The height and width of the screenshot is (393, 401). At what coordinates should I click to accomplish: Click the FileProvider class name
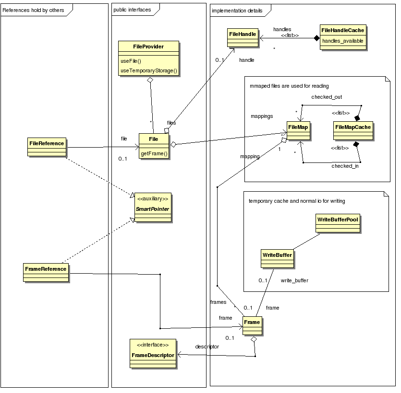(x=148, y=46)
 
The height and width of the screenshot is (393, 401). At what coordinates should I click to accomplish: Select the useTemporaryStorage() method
(x=148, y=70)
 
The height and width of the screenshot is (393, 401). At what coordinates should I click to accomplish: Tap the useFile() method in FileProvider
(x=131, y=61)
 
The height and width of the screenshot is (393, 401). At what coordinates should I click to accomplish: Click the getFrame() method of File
(x=154, y=154)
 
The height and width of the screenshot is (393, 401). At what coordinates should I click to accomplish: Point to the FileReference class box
(x=47, y=146)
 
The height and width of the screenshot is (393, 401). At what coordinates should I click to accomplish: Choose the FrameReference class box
(x=46, y=272)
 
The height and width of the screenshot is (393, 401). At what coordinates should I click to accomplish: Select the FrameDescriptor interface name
(x=153, y=355)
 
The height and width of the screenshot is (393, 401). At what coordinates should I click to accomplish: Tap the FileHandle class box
(x=243, y=37)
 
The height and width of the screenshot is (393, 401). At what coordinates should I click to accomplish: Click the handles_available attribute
(x=341, y=41)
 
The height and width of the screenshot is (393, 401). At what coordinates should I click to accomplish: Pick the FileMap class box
(x=298, y=130)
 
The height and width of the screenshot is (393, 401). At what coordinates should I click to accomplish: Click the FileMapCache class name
(x=352, y=127)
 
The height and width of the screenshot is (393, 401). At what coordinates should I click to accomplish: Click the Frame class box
(x=252, y=325)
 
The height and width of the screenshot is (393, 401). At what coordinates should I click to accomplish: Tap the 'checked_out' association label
(x=327, y=97)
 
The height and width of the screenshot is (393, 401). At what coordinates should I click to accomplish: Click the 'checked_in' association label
(x=345, y=166)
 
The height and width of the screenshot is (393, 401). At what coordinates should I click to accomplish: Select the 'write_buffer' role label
(x=294, y=280)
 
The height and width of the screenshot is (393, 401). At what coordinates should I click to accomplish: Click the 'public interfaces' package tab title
(x=132, y=10)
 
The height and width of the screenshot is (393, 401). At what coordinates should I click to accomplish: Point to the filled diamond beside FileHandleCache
(x=316, y=38)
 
